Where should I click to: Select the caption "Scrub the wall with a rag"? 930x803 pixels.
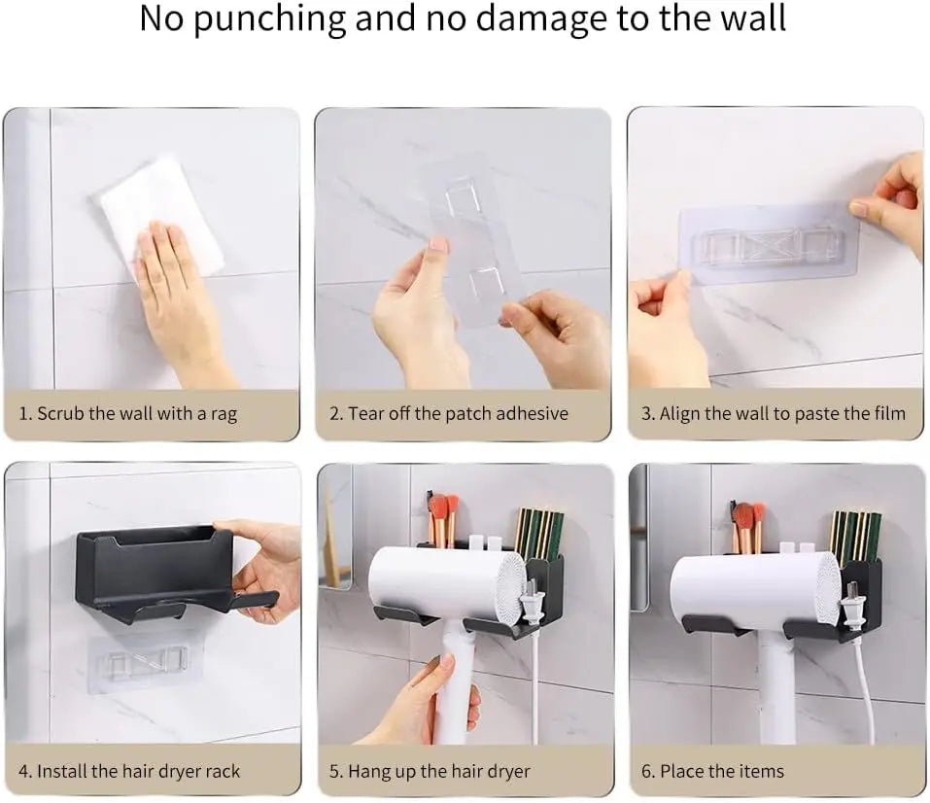(x=127, y=413)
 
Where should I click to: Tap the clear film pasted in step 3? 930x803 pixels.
(x=768, y=243)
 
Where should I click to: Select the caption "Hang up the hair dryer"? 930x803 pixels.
(x=430, y=772)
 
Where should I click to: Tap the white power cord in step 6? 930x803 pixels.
(x=863, y=690)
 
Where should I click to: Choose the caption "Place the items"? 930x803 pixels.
(x=711, y=772)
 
